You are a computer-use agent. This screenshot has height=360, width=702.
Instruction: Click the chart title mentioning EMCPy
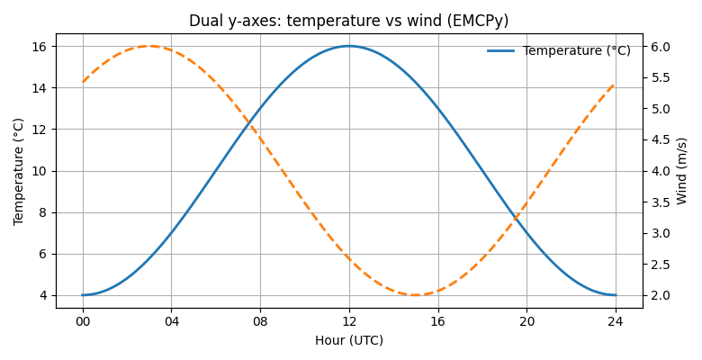[x=348, y=21]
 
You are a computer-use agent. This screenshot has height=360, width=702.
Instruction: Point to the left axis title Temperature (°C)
[x=19, y=171]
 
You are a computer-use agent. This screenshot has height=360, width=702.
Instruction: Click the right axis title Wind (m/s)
[x=681, y=171]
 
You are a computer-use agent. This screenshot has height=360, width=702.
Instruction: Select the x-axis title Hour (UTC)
[x=349, y=340]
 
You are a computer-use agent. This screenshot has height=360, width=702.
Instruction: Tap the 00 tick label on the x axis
[x=83, y=320]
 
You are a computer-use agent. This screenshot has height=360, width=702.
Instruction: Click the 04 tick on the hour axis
[x=172, y=320]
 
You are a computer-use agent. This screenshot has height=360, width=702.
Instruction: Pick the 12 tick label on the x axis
[x=349, y=320]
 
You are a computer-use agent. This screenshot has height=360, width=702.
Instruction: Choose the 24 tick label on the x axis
[x=616, y=320]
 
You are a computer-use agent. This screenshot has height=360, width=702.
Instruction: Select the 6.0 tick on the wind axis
[x=661, y=47]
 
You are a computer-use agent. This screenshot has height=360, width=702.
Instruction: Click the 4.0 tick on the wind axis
[x=661, y=171]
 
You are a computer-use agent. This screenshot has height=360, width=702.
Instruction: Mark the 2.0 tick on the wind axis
[x=661, y=295]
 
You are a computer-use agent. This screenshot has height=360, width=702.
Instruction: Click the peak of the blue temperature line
[x=349, y=46]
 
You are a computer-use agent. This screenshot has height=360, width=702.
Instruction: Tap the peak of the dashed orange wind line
[x=149, y=46]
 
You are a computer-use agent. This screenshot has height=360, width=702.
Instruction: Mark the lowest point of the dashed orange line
[x=416, y=295]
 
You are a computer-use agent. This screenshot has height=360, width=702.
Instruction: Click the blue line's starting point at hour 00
[x=83, y=295]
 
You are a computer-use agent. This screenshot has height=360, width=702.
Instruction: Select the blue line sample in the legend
[x=500, y=51]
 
